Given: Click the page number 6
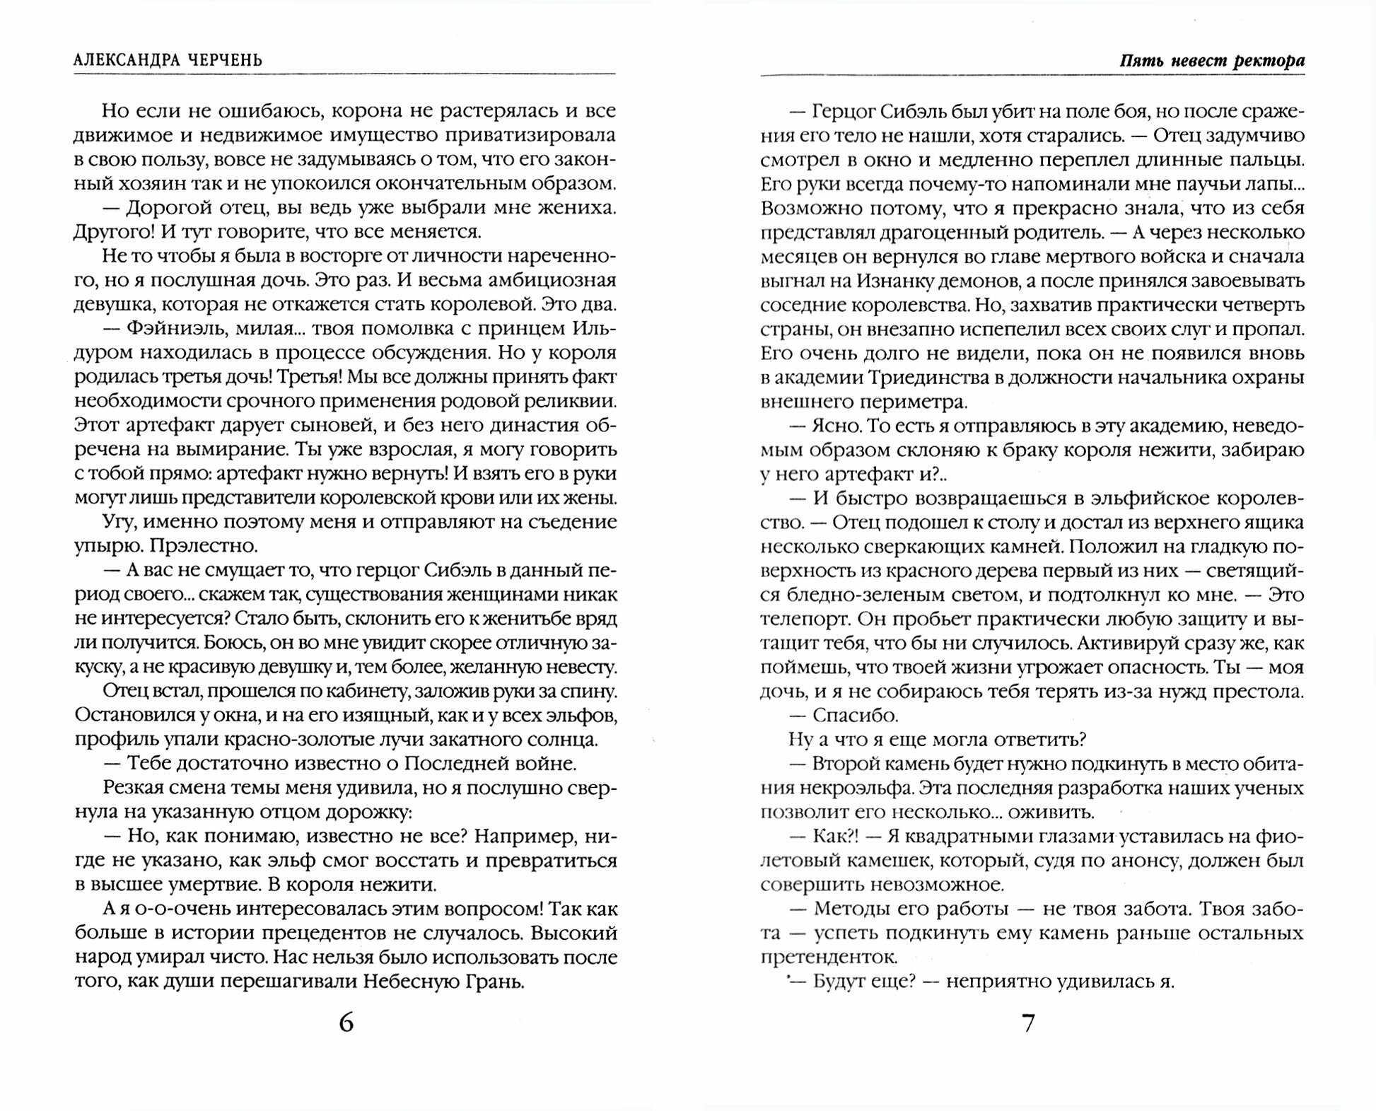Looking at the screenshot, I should (x=346, y=1023).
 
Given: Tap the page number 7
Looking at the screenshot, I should (x=1029, y=1023).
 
